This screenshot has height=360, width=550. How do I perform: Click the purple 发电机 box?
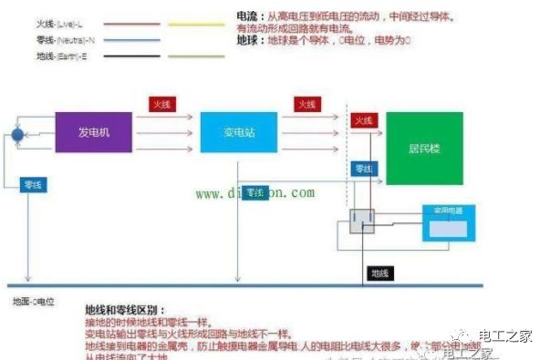(93, 133)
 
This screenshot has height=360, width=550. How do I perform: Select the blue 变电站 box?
(238, 133)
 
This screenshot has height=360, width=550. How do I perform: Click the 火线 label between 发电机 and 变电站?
(161, 104)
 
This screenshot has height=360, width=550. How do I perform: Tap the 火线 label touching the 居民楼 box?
(363, 121)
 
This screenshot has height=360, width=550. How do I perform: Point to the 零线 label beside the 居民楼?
(363, 170)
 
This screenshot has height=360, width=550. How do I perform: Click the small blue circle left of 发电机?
(16, 135)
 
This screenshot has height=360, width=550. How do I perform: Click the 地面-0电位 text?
(35, 300)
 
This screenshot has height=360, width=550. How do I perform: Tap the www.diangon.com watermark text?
(254, 193)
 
